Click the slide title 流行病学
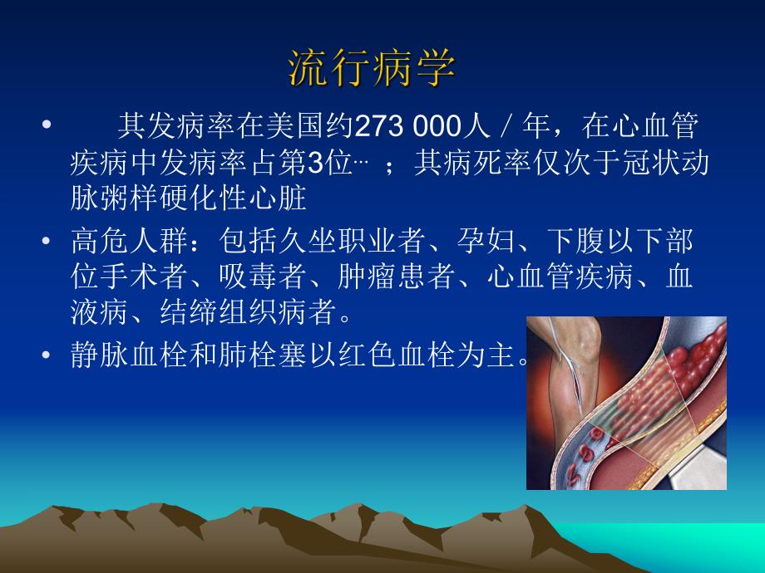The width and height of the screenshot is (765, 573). point(372,70)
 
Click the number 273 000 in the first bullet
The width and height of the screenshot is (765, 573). point(407,127)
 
